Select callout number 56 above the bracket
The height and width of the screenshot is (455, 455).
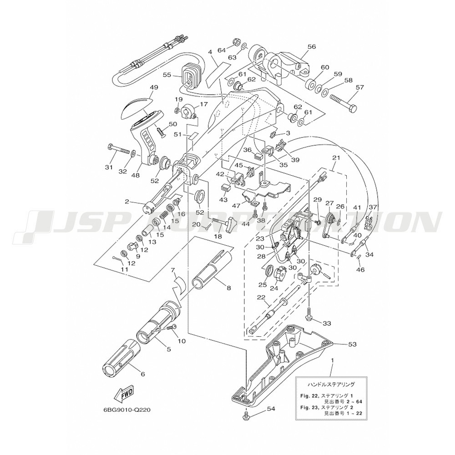[311, 46]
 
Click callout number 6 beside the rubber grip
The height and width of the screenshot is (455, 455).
[142, 374]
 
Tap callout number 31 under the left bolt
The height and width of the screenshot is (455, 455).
[108, 167]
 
